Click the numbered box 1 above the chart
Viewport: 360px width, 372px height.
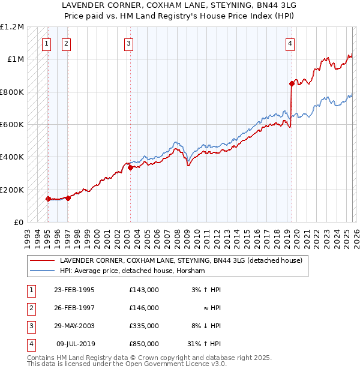click(46, 43)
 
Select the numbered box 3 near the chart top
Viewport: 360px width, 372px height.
click(129, 43)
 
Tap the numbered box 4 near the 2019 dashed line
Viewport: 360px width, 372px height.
click(290, 43)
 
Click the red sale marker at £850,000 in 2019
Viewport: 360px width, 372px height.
click(292, 83)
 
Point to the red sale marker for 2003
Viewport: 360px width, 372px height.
click(130, 168)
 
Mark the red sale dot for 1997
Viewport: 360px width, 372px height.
click(68, 198)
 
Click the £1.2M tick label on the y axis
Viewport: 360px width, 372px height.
click(12, 27)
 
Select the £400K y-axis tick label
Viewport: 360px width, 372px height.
click(12, 157)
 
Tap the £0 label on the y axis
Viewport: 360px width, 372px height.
click(18, 223)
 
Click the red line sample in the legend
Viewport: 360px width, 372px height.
click(42, 261)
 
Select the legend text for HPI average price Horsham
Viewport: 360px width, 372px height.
click(132, 271)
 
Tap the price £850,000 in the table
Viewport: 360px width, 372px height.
click(144, 344)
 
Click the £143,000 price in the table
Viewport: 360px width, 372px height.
click(144, 290)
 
